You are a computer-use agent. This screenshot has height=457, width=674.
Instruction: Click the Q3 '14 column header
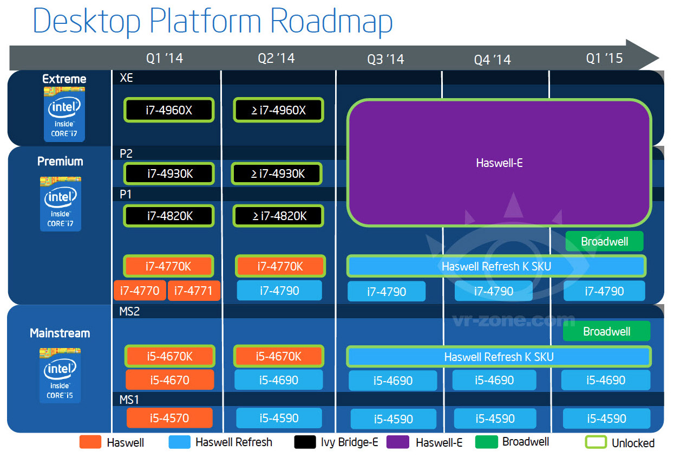tap(386, 59)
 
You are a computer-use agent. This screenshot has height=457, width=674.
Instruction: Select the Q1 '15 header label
tap(604, 58)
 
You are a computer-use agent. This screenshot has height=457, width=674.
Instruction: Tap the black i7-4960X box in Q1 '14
tap(169, 110)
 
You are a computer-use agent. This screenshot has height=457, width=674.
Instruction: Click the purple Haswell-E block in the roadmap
tap(499, 162)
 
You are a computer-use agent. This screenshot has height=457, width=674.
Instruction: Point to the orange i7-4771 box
tap(194, 291)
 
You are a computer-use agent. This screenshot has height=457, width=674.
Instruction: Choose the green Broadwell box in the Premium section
tap(604, 241)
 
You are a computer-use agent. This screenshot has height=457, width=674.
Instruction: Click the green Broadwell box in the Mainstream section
tap(606, 331)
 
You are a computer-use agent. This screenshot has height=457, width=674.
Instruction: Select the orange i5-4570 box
tap(169, 418)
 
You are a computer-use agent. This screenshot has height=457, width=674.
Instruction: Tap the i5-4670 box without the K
tap(169, 380)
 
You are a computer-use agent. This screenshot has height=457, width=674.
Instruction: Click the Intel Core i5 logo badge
tap(60, 376)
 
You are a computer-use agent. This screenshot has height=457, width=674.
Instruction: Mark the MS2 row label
tap(129, 312)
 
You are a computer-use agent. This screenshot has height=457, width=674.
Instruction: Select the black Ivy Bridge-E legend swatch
tap(305, 442)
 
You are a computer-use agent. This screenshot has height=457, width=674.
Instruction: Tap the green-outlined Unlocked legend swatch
tap(595, 442)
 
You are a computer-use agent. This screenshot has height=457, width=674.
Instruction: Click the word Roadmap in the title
tap(331, 22)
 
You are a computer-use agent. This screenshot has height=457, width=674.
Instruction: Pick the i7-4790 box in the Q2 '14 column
tap(279, 291)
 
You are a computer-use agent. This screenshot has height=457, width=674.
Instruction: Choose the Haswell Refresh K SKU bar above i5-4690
tap(499, 357)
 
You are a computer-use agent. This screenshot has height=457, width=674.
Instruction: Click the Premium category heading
tap(60, 161)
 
